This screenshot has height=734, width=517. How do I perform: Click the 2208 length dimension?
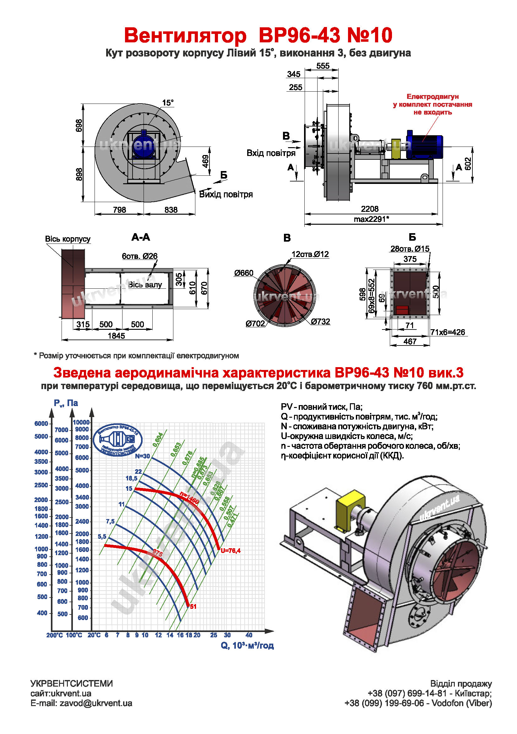tap(369, 209)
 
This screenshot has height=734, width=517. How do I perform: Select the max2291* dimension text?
tap(371, 219)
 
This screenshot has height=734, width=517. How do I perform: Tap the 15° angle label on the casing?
tap(168, 103)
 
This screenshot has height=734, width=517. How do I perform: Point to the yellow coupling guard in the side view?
tap(396, 149)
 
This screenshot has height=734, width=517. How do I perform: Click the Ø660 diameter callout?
tap(243, 273)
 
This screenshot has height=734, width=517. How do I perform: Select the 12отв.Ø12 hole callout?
tap(310, 254)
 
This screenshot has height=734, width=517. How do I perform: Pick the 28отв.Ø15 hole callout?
tap(410, 249)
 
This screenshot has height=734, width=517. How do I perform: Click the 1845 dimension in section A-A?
tap(116, 336)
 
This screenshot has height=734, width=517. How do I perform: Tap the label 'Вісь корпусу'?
tap(68, 239)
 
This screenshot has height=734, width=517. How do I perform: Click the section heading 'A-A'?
tap(140, 237)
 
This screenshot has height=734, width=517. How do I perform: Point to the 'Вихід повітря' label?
tap(226, 194)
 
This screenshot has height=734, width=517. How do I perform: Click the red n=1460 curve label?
tap(189, 498)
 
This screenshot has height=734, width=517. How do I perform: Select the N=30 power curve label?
tap(142, 456)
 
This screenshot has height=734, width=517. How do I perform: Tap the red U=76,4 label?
tap(230, 550)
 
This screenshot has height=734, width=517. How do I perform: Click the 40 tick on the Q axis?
tap(248, 635)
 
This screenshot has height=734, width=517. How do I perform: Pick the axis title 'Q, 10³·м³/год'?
tap(247, 646)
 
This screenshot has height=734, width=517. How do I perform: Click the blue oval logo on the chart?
tap(117, 440)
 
